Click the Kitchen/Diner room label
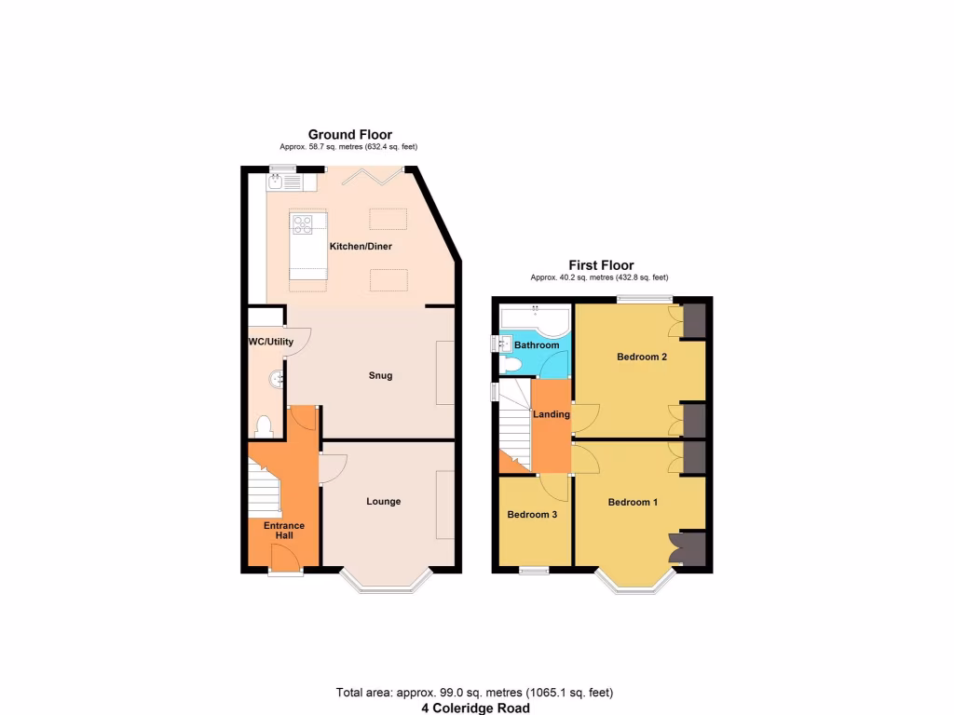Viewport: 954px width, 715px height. click(360, 247)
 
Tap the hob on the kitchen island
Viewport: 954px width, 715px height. click(303, 223)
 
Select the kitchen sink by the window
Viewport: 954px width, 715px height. click(277, 182)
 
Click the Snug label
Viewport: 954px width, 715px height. click(380, 376)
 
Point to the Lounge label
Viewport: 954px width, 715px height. click(383, 502)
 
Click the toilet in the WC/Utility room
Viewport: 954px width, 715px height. click(263, 426)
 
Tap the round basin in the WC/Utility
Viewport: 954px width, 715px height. click(277, 379)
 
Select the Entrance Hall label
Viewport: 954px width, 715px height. click(284, 532)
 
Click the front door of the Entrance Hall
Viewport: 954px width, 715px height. click(286, 559)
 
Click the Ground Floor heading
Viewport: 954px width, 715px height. click(350, 135)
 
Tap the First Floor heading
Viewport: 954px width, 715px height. click(601, 265)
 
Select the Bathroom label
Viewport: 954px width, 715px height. click(537, 345)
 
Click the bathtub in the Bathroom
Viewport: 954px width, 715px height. click(534, 319)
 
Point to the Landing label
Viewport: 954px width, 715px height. click(552, 414)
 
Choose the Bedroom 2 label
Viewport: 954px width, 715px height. click(642, 356)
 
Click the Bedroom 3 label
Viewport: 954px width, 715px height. click(532, 514)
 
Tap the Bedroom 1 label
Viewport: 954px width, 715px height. click(633, 503)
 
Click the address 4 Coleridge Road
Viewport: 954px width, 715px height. click(475, 708)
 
